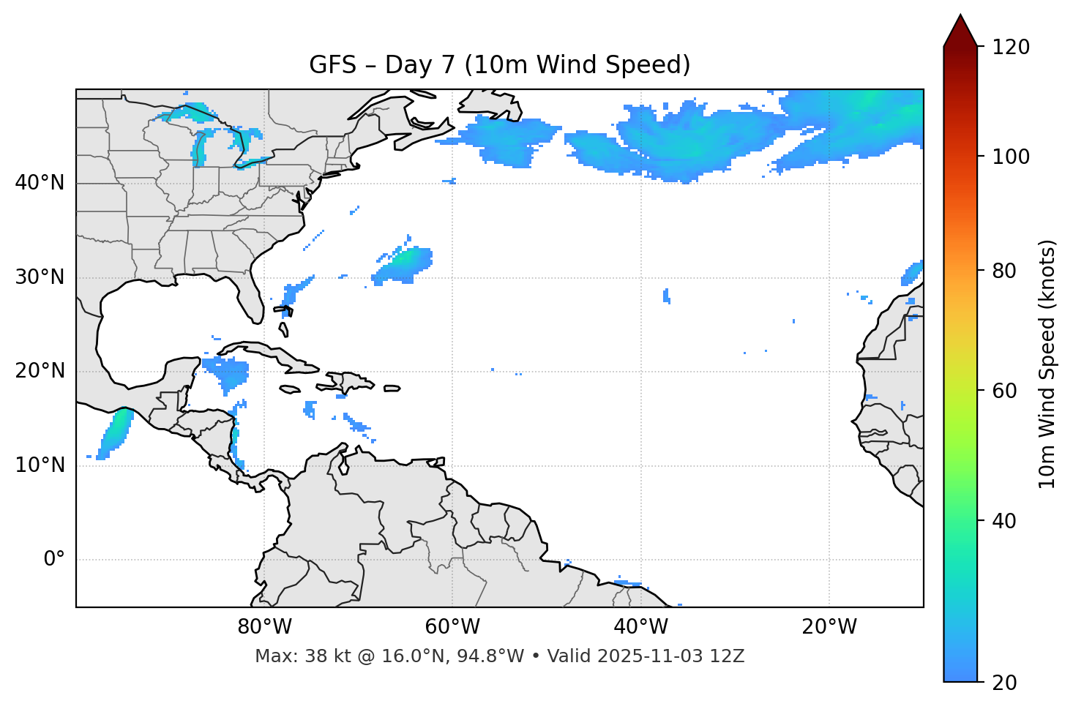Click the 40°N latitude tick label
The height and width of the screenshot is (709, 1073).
pos(40,183)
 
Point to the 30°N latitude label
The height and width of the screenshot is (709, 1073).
pos(40,277)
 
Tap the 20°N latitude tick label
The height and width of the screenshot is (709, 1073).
pos(40,372)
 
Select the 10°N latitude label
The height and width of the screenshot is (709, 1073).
pos(40,465)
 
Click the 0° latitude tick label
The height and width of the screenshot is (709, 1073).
pos(54,560)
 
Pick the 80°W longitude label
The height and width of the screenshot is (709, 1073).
pos(264,627)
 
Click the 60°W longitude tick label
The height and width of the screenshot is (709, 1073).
pos(452,627)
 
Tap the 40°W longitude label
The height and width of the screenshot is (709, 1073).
pos(640,627)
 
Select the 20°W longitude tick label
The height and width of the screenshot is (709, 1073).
pos(829,627)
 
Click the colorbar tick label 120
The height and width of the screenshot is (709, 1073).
pos(1011,48)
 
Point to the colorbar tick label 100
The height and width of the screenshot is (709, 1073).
pos(1011,157)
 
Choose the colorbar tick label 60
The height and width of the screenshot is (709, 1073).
pos(1005,391)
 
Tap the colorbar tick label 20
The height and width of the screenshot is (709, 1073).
pos(1005,683)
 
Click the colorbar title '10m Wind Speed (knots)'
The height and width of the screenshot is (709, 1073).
pos(1047,364)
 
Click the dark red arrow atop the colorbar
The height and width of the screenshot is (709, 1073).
pos(960,31)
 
